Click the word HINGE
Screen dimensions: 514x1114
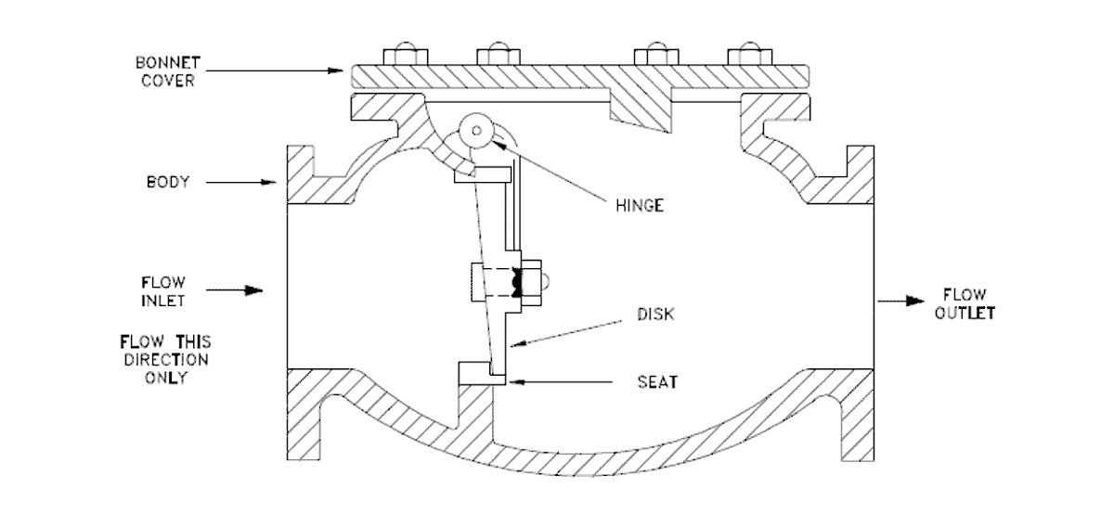[641, 205]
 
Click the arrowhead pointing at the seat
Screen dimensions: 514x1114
[515, 381]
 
